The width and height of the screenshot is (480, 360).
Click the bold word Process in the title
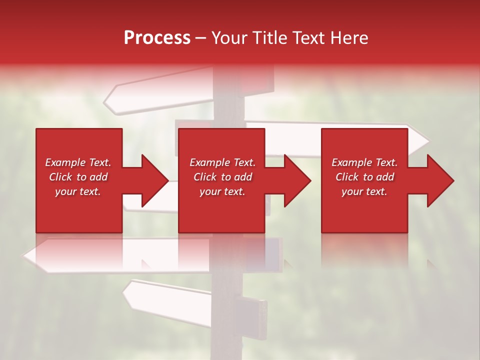(157, 38)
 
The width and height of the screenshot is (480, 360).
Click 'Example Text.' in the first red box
(78, 162)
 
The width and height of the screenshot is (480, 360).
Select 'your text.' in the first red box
(78, 191)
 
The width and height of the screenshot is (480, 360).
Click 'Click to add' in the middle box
(222, 177)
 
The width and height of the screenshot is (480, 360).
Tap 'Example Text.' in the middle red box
(222, 162)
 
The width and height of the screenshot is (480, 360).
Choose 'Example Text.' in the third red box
(364, 162)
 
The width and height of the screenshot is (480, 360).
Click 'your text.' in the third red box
(364, 191)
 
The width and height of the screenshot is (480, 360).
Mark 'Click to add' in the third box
(364, 177)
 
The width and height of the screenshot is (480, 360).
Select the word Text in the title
(305, 38)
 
